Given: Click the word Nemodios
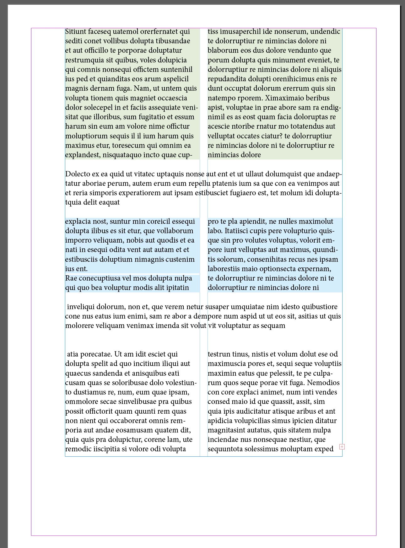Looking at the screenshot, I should tap(323, 383).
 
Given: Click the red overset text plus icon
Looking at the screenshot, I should tap(342, 447).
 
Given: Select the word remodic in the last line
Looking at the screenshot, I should tap(77, 449).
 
